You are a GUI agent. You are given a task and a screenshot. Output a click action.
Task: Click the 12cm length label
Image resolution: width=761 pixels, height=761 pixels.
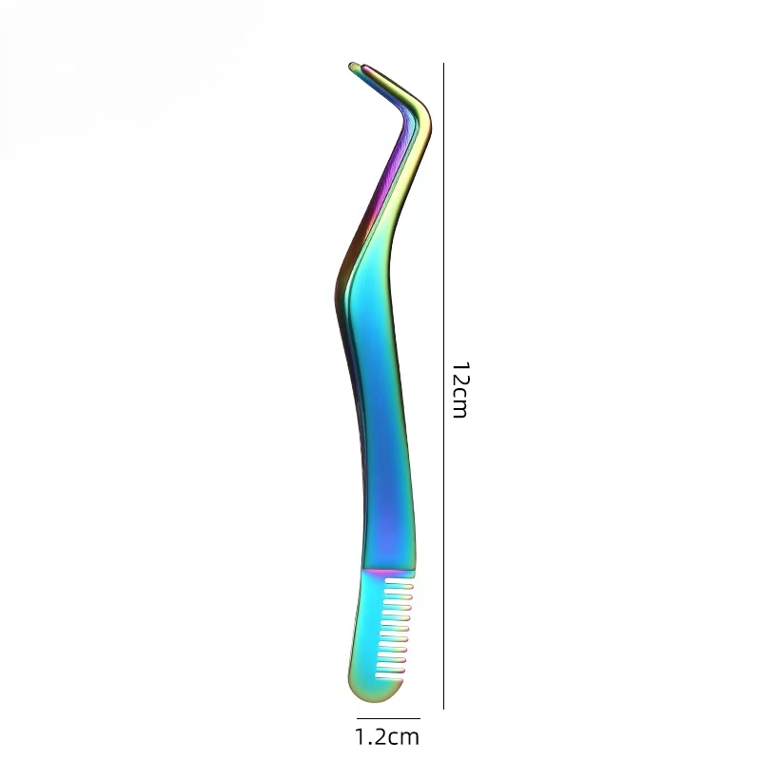(x=459, y=390)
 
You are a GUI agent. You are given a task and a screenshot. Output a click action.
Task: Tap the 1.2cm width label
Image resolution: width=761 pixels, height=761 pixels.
(x=387, y=736)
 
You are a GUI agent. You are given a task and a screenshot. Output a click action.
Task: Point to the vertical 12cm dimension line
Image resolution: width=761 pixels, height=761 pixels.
(x=443, y=386)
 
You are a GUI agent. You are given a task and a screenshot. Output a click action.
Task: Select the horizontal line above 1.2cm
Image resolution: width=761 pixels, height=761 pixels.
(x=388, y=718)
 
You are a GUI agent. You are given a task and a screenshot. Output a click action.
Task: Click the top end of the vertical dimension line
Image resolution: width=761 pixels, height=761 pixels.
(x=443, y=63)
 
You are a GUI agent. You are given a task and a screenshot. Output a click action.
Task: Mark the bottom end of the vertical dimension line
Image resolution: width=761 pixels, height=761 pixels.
(x=443, y=709)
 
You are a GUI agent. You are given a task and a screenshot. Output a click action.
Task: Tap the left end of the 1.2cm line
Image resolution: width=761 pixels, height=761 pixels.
(x=357, y=718)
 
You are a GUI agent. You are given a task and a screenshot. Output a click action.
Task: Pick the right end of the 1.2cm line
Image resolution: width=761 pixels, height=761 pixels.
(x=420, y=718)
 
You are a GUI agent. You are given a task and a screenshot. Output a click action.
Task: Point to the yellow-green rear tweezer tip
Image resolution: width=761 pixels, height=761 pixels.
(x=352, y=66)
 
